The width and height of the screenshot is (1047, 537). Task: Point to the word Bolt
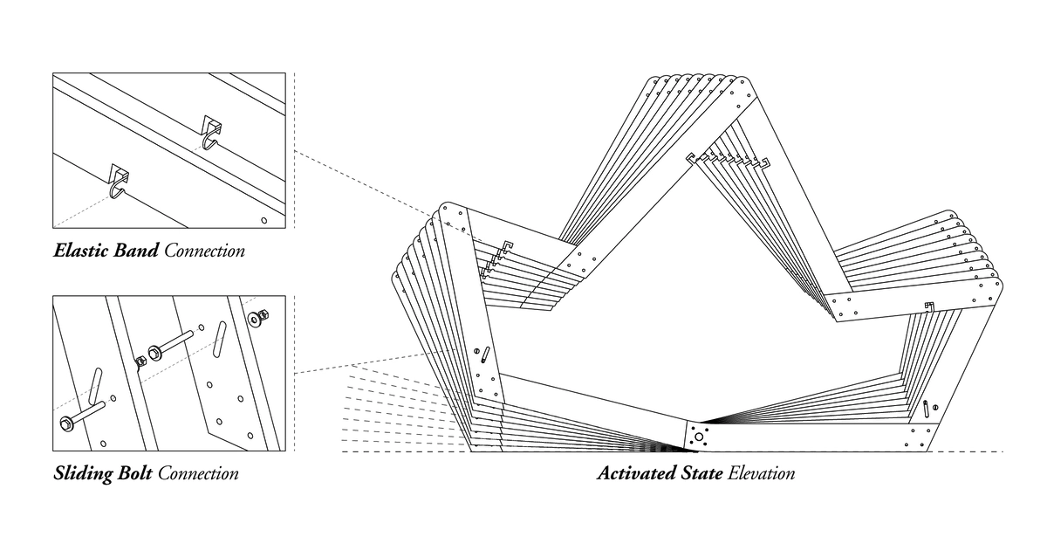click(x=132, y=474)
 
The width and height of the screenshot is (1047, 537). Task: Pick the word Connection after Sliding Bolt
click(x=198, y=474)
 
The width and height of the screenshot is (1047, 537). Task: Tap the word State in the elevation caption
click(x=697, y=474)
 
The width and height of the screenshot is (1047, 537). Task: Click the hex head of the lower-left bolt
click(x=66, y=423)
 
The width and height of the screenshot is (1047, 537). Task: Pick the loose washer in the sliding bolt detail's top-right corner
click(x=256, y=317)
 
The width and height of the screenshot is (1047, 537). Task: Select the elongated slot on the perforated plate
click(x=220, y=336)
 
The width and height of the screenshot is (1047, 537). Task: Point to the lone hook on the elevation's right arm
click(x=930, y=306)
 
